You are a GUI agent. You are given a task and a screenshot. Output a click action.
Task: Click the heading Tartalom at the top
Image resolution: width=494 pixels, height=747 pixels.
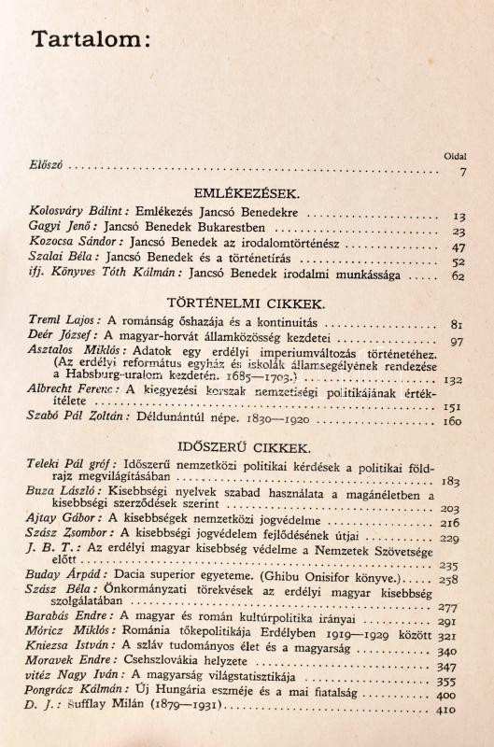90,40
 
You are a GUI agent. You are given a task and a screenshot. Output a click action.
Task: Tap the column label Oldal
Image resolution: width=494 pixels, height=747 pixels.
456,156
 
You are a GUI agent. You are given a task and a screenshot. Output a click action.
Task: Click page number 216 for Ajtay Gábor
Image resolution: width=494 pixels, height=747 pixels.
452,525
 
